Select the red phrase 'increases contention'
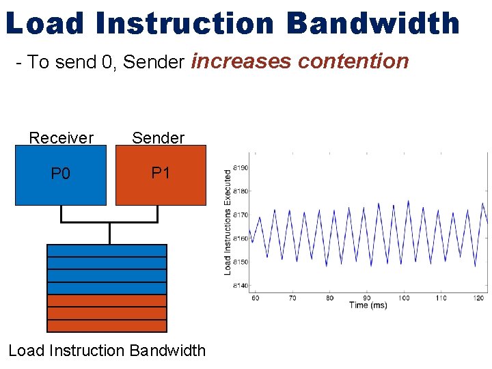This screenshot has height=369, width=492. tap(300, 61)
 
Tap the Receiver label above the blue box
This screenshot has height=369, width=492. tap(61, 138)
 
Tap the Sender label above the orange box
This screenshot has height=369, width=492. tap(158, 138)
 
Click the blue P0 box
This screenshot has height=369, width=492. tap(61, 174)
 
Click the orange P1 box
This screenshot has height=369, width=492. tap(161, 174)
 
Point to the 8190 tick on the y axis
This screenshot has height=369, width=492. tap(240, 167)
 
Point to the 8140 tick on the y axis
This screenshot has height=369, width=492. tap(240, 286)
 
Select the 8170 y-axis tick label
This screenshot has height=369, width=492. tap(240, 215)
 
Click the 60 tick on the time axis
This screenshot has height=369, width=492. tap(255, 298)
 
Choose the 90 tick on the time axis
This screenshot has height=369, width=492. tap(367, 298)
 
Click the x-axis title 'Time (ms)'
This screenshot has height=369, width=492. tap(368, 305)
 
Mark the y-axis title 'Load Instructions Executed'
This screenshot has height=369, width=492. tap(228, 222)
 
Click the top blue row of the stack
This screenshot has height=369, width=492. tap(107, 251)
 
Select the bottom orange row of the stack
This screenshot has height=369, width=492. tap(107, 325)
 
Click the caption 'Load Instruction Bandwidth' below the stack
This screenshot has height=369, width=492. tap(107, 351)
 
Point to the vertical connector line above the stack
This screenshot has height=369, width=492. tap(109, 233)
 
